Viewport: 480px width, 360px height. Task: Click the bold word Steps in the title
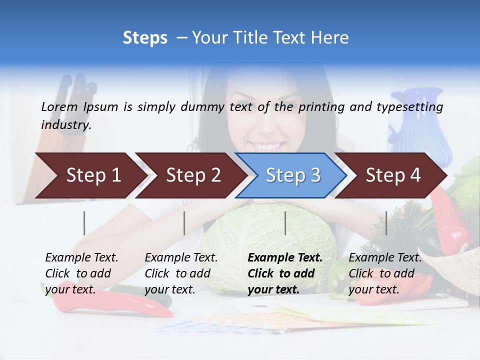coord(145,38)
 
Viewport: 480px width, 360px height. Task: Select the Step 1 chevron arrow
coord(90,175)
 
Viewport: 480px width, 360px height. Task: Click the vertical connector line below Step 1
coord(84,223)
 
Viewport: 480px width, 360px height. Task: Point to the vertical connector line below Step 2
coord(184,223)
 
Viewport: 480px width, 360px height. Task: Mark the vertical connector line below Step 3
coord(285,223)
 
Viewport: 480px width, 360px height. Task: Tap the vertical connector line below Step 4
coord(386,223)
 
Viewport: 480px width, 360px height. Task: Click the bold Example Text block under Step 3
coord(285,273)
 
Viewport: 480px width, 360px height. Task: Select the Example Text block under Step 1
coord(81,273)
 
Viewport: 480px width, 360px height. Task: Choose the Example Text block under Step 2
coord(181,273)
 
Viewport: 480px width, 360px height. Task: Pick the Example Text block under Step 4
coord(385,273)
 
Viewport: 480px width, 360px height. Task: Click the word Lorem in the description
coord(59,107)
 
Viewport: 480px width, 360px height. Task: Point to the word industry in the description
coord(65,125)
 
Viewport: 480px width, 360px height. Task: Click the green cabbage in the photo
coord(270,240)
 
